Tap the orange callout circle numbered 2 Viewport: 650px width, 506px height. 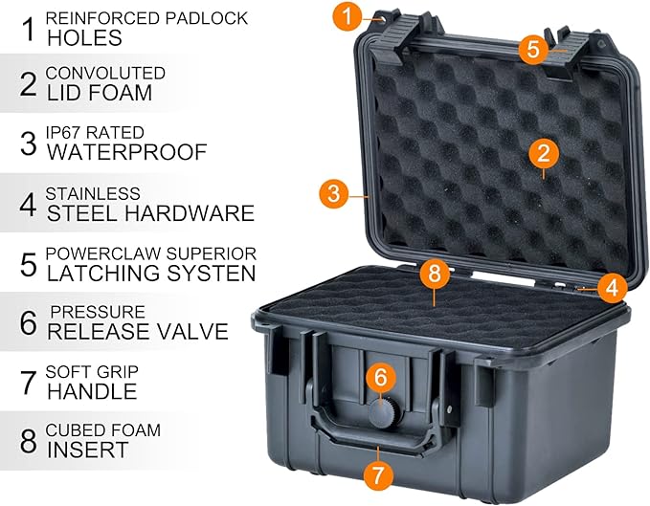(x=543, y=152)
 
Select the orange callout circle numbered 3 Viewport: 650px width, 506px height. (x=333, y=193)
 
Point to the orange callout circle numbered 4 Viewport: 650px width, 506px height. (x=613, y=285)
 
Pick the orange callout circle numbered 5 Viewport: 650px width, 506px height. (x=533, y=49)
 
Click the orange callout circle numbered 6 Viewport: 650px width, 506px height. (x=380, y=378)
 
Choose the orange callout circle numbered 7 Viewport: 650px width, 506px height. (x=379, y=473)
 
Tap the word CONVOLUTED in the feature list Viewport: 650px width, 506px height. (x=105, y=73)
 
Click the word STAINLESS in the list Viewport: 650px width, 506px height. (x=93, y=193)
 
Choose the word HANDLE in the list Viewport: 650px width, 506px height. (x=92, y=391)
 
